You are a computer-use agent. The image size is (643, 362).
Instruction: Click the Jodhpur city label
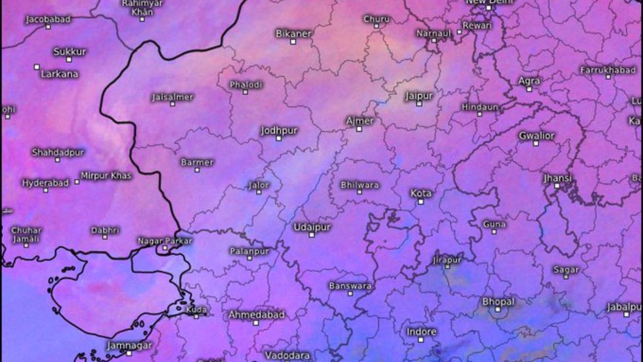[279, 130]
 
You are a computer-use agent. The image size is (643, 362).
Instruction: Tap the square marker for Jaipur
[419, 104]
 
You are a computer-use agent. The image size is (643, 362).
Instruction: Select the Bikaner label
[293, 34]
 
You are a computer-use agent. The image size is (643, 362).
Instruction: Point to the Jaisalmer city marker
[172, 104]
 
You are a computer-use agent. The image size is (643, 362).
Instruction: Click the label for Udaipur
[312, 227]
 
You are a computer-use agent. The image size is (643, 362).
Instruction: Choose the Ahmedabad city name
[256, 315]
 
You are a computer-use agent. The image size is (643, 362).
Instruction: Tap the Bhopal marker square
[498, 309]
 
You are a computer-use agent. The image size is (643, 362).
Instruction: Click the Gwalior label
[537, 136]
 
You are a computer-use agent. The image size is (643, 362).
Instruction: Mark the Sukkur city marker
[69, 60]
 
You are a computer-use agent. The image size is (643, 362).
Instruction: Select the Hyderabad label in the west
[45, 183]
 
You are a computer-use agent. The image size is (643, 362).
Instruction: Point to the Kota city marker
[421, 202]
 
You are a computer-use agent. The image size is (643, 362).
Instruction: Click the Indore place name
[421, 332]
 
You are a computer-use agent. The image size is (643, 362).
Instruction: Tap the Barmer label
[197, 162]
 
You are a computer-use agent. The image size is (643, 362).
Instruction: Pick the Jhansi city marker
[557, 186]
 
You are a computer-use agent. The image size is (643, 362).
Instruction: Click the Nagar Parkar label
[165, 241]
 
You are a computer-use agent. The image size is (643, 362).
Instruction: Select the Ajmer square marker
[359, 129]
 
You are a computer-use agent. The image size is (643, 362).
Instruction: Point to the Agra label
[529, 81]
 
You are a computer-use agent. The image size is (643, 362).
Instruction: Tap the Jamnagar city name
[129, 345]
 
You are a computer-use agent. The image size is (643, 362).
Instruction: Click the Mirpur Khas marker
[77, 182]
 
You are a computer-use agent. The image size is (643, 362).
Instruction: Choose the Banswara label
[350, 286]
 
